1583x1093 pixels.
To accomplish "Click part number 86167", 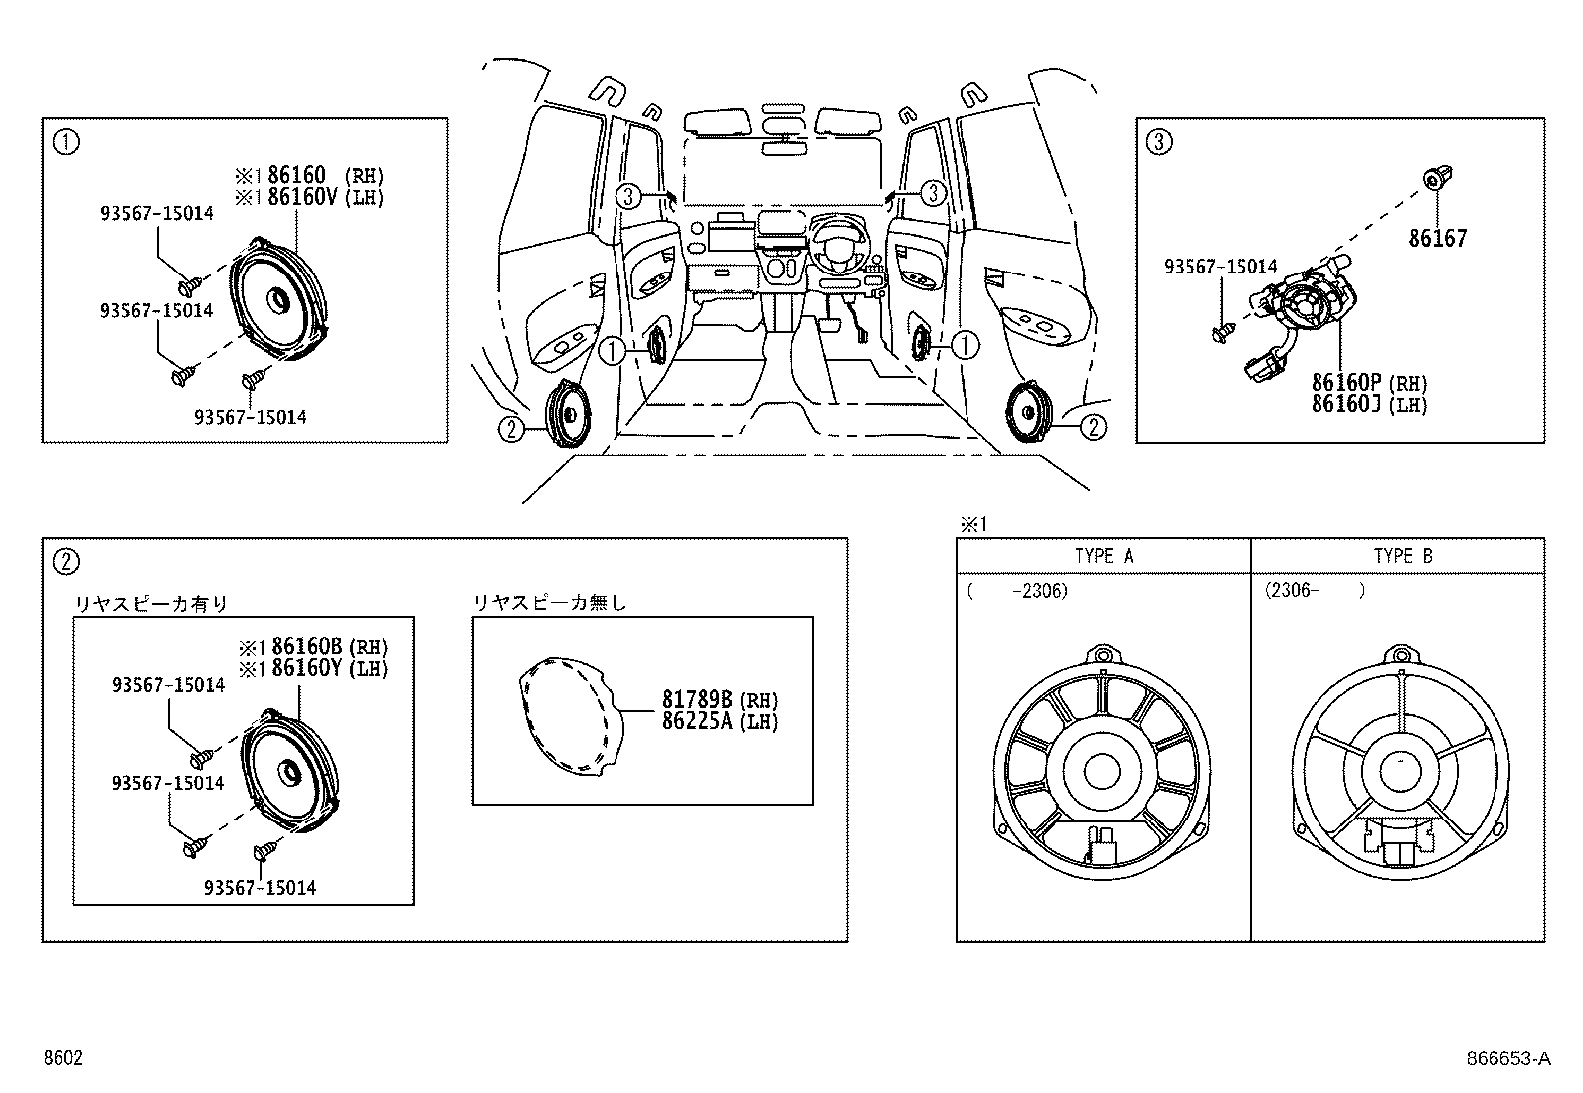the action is click(1438, 238).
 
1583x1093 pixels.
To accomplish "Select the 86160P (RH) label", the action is click(1369, 383).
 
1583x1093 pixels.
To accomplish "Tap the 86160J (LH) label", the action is click(1369, 405).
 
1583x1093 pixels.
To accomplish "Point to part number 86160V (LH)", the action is click(326, 197).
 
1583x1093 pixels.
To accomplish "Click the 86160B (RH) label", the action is click(330, 646).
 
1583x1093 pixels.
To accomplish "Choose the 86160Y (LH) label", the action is click(330, 668).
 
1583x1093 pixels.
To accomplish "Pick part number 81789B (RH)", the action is click(720, 699).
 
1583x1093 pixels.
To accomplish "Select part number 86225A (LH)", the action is click(720, 721).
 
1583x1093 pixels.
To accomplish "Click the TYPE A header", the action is click(1104, 556).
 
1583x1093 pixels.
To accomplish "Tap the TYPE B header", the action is click(1403, 556).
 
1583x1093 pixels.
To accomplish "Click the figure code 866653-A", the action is click(1508, 1058).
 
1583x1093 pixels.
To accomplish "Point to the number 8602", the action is click(63, 1057).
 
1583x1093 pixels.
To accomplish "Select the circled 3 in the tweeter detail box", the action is click(1159, 143).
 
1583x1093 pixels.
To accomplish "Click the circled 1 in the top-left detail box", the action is click(66, 143).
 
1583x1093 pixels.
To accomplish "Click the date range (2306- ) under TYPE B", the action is click(1316, 591).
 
